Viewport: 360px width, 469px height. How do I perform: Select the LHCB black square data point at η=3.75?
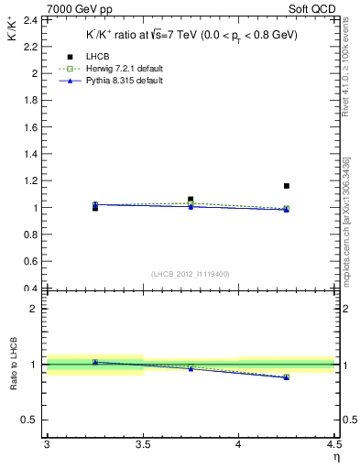point(191,199)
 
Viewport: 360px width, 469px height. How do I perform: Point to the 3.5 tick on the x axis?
point(143,445)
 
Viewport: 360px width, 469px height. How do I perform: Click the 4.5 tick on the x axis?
point(333,445)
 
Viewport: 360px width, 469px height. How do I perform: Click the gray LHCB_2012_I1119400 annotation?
point(191,274)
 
